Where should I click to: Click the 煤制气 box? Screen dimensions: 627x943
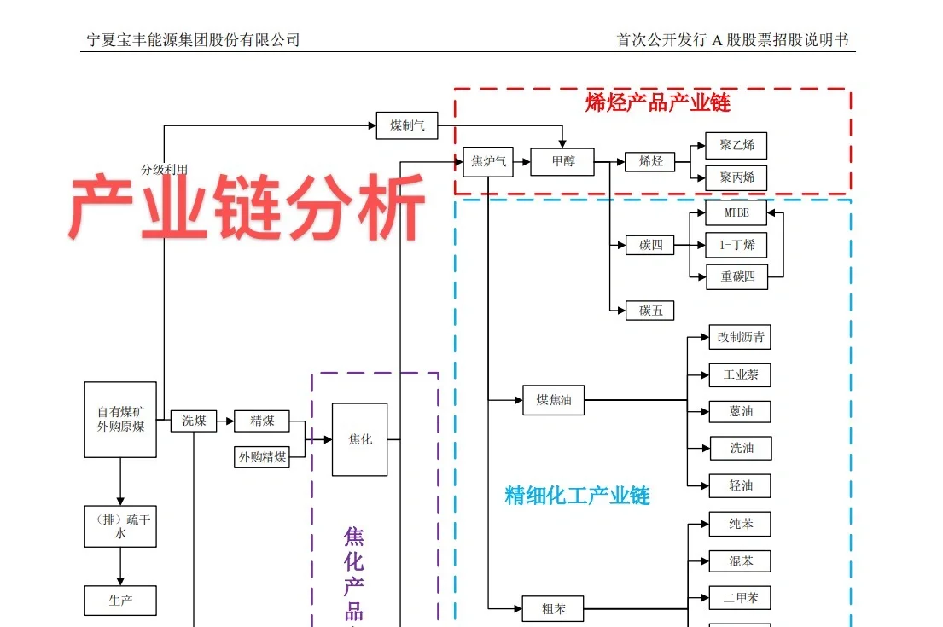coord(406,125)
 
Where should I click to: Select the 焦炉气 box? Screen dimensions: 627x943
coord(488,161)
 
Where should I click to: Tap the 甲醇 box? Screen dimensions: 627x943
coord(562,161)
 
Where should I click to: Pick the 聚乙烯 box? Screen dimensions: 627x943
coord(736,145)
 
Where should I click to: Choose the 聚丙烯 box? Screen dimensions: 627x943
coord(736,178)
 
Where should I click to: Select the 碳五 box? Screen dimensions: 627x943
coord(650,311)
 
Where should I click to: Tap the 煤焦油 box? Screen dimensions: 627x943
coord(553,399)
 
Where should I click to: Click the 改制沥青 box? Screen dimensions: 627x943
coord(739,337)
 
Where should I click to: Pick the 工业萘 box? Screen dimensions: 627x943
coord(739,374)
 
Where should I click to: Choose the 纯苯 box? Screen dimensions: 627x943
coord(739,524)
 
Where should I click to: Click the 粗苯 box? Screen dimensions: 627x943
coord(552,609)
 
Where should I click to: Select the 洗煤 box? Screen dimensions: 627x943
coord(194,421)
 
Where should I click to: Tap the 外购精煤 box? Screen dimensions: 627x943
coord(262,456)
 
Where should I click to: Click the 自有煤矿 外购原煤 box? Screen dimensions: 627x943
coord(120,420)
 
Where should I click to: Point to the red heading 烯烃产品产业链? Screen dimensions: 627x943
coord(657,103)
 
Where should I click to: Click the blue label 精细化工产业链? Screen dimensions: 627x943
coord(577,496)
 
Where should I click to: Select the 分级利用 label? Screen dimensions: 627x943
coord(164,170)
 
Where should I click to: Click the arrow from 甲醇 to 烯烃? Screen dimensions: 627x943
coord(609,161)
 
